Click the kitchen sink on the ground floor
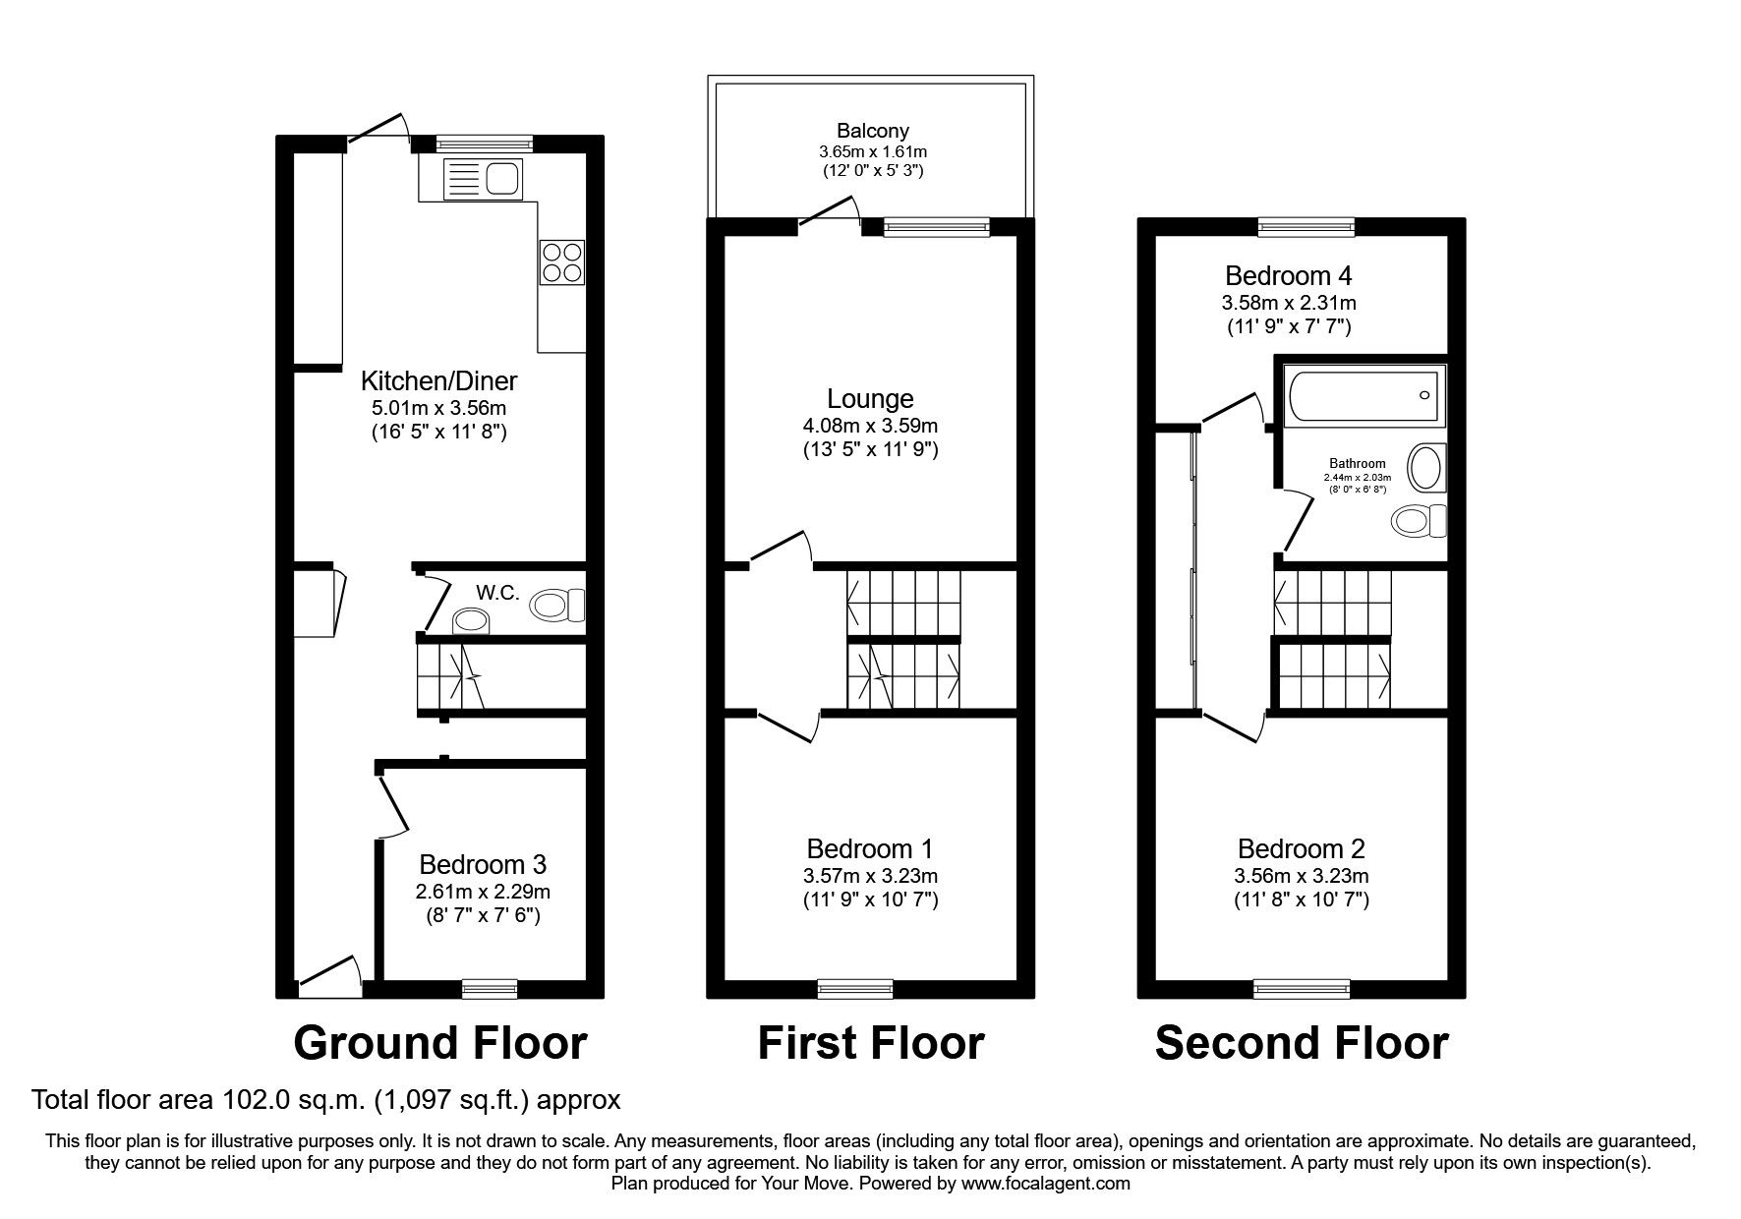pyautogui.click(x=481, y=179)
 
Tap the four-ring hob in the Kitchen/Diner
pyautogui.click(x=562, y=261)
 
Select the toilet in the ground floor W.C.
pyautogui.click(x=556, y=604)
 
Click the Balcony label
pyautogui.click(x=872, y=131)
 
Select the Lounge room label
pyautogui.click(x=870, y=398)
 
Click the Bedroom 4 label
pyautogui.click(x=1288, y=275)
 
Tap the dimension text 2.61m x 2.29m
pyautogui.click(x=483, y=893)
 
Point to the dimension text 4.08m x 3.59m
pyautogui.click(x=870, y=426)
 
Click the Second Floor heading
pyautogui.click(x=1301, y=1044)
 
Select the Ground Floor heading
pyautogui.click(x=439, y=1044)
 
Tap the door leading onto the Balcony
pyautogui.click(x=828, y=211)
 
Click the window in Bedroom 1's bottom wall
pyautogui.click(x=855, y=987)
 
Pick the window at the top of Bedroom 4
pyautogui.click(x=1307, y=227)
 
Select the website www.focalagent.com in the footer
pyautogui.click(x=1046, y=1184)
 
